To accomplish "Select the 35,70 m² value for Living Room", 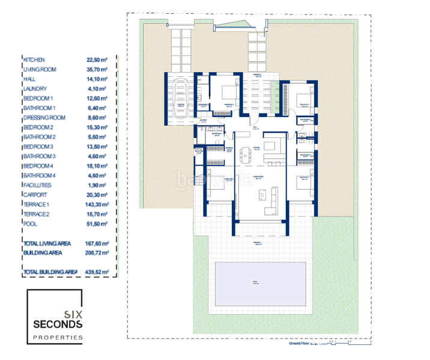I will click(x=97, y=70).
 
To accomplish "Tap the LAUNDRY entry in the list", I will click(x=35, y=89).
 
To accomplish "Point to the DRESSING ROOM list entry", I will click(x=44, y=118).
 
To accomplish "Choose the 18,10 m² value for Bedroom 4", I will click(x=97, y=166).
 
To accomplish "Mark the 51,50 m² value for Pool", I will click(x=97, y=223).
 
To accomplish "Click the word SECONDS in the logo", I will click(x=58, y=324).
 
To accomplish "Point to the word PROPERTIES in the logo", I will click(x=58, y=338).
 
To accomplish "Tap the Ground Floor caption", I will click(x=298, y=344).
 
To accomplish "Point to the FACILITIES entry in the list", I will click(x=37, y=185).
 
